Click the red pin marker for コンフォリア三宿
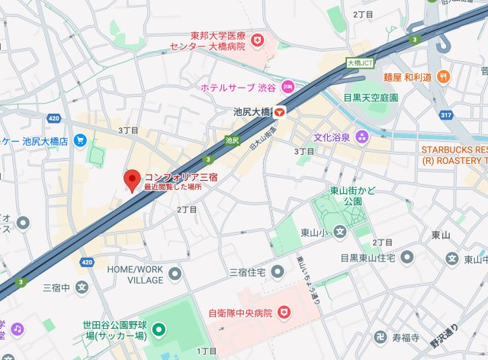pos(132,180)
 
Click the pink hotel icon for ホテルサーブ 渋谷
pos(287,87)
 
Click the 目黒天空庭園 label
pos(371,98)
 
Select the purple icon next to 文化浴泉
pos(361,137)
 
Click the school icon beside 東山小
pos(339,232)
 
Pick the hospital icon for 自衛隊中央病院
pos(284,312)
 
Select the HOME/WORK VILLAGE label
pos(135,275)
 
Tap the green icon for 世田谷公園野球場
pos(159,331)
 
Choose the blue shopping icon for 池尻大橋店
pos(79,141)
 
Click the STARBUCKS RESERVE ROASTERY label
pos(454,155)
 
